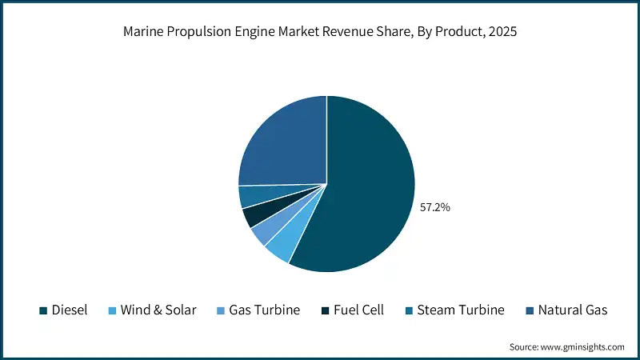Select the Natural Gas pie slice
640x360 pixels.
click(280, 144)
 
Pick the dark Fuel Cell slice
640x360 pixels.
click(255, 214)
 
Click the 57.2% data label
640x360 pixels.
click(435, 207)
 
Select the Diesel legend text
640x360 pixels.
click(70, 310)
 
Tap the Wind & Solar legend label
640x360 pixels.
click(158, 310)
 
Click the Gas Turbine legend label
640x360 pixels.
click(264, 310)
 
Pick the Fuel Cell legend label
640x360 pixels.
click(358, 310)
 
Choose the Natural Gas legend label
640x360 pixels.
click(573, 310)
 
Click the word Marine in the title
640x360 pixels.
click(144, 34)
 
